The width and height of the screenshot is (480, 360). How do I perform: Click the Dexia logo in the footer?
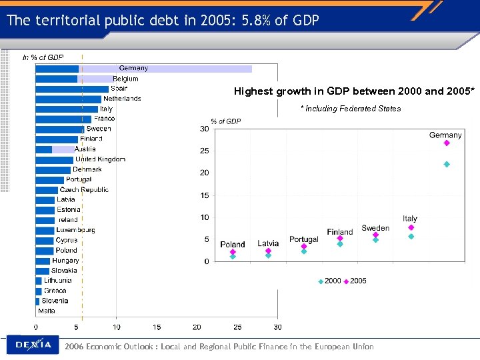(33, 345)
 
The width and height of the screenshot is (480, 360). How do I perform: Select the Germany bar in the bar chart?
(143, 68)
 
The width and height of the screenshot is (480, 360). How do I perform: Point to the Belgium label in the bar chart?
(125, 79)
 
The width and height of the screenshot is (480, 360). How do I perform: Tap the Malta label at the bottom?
(47, 311)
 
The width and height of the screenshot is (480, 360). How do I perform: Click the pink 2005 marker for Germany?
(447, 143)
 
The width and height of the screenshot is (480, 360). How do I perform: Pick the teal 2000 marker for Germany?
(447, 164)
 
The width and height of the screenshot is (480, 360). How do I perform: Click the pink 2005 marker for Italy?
(411, 227)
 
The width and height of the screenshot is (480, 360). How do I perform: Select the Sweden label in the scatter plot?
(375, 228)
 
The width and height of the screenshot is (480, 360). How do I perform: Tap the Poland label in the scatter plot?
(233, 245)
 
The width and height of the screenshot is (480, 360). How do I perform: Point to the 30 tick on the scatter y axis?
(204, 129)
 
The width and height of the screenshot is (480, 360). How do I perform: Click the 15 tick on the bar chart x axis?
(157, 327)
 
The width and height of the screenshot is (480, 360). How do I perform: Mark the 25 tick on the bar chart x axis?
(237, 327)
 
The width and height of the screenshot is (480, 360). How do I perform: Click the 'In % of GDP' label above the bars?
(43, 57)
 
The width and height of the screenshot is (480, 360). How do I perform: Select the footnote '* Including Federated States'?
(351, 109)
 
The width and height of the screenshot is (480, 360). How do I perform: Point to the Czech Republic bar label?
(84, 189)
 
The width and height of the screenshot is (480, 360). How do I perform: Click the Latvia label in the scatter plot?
(268, 243)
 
